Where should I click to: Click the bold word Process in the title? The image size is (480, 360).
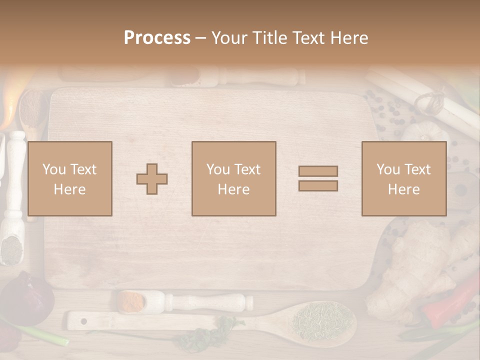[157, 37]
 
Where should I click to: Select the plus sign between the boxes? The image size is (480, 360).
[152, 179]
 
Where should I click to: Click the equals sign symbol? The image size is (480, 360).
[318, 178]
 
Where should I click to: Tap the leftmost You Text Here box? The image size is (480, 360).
[69, 178]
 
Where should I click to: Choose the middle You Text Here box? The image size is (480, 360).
[233, 178]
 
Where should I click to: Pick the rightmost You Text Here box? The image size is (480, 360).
[403, 178]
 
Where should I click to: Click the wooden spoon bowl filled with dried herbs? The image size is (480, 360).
[322, 320]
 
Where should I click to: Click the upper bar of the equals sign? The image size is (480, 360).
[318, 171]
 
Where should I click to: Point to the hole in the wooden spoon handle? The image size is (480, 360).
[83, 320]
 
